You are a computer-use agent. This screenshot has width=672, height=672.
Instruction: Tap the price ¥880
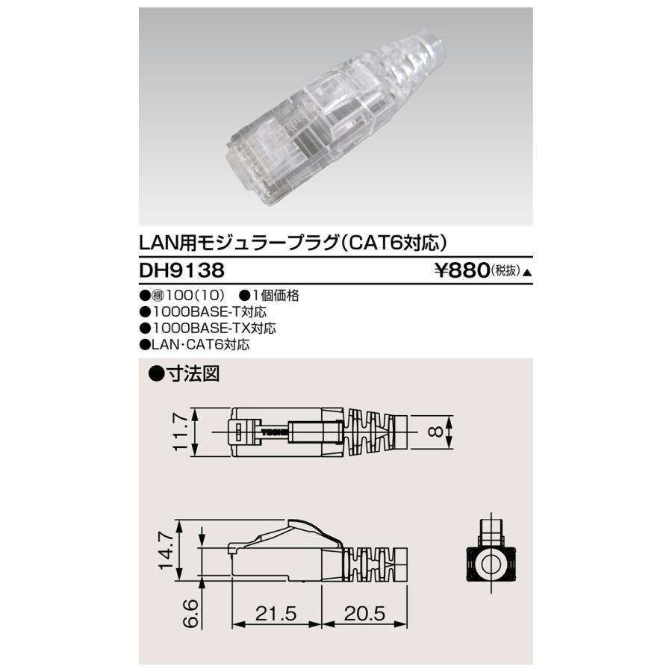(462, 270)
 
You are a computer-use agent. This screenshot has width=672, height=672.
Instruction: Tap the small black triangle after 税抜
(528, 273)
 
